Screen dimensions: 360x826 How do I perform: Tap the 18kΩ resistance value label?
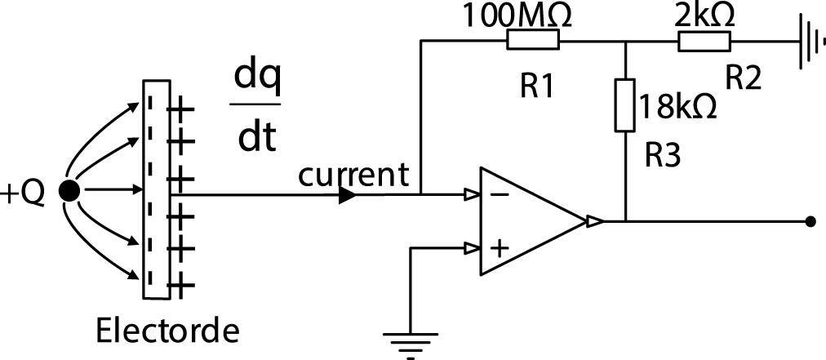(x=678, y=107)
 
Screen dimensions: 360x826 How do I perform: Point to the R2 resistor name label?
(x=743, y=78)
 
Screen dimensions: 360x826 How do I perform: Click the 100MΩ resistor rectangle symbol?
(x=533, y=40)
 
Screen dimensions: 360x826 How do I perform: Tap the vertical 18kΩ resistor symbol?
(x=624, y=105)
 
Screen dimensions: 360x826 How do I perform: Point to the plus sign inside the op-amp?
(x=499, y=245)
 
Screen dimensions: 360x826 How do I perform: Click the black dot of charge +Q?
(x=70, y=192)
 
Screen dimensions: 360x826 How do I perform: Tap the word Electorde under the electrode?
(x=167, y=331)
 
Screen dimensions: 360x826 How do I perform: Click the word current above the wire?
(x=353, y=174)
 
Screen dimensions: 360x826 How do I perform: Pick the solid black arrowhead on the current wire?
(x=347, y=195)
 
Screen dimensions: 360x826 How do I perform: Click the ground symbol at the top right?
(x=809, y=41)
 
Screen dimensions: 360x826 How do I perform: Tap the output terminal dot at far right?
(x=810, y=220)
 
